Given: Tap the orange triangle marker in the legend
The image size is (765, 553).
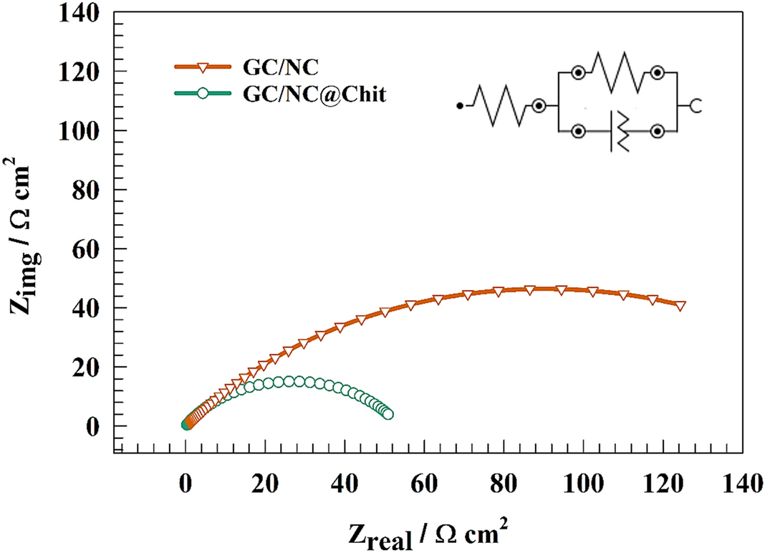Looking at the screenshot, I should [203, 67].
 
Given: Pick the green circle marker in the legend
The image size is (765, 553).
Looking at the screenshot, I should [203, 93].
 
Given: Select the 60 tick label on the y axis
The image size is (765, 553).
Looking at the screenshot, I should [92, 249].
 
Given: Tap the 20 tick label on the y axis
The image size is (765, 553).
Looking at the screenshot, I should [92, 367].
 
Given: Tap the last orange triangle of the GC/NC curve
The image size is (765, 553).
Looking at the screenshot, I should [680, 305].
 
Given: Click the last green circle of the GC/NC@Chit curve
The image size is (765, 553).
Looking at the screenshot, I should [388, 414].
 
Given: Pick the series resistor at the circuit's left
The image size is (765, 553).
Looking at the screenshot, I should [501, 106].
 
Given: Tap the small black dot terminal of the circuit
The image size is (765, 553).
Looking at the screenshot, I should [459, 106].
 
